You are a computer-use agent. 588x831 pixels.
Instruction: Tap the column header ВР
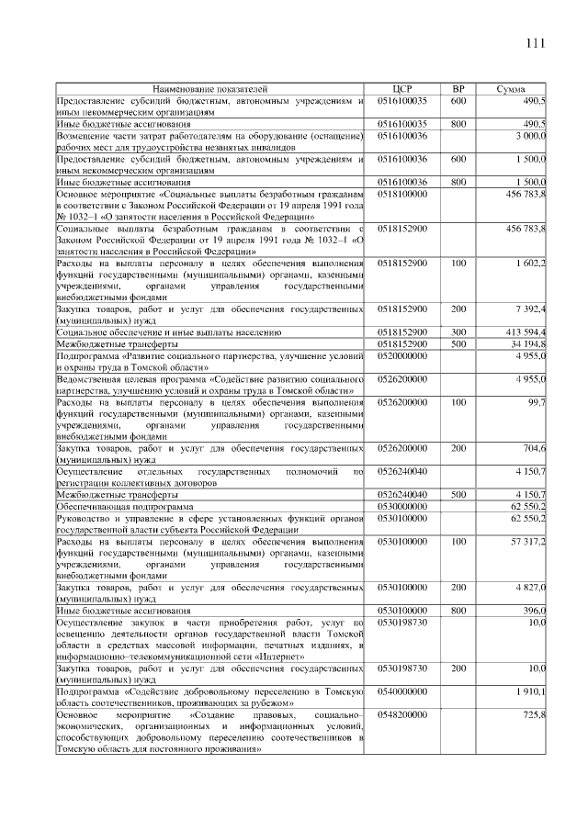[458, 89]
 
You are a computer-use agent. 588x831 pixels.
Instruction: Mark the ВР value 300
[458, 331]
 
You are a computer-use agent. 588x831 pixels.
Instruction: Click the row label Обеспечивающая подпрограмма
[125, 506]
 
